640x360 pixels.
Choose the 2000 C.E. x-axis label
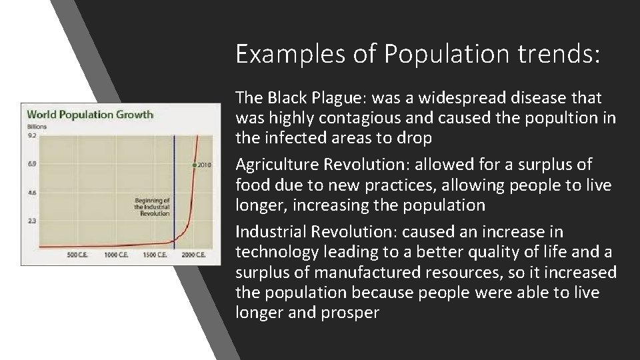tap(193, 256)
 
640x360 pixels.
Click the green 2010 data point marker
tap(194, 164)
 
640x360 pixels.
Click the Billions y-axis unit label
tap(36, 126)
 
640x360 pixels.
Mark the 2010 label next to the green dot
tap(205, 164)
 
